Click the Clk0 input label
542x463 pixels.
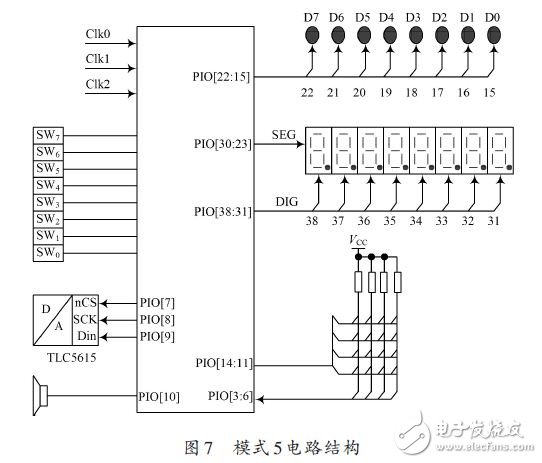100,33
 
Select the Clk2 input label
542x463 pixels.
100,82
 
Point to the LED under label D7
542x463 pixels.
311,34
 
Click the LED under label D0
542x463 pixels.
494,34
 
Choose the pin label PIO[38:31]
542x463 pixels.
222,212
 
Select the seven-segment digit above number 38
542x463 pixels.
318,151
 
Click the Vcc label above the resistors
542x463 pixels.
358,241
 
